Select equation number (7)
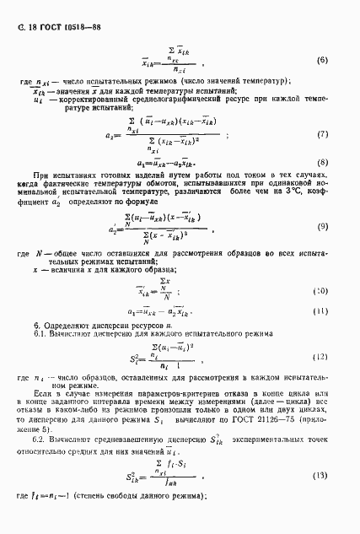321,134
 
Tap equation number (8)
321,161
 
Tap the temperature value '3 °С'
282,191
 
